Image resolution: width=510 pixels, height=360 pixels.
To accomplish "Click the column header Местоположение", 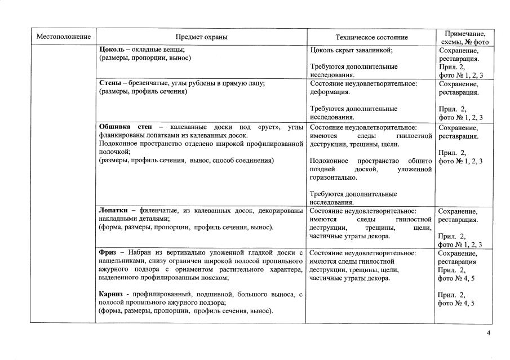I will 63,37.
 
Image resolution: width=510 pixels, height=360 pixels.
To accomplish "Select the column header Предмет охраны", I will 201,37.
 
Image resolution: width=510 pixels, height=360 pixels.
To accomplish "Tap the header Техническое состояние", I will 371,37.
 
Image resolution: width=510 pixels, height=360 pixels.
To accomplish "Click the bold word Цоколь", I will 112,50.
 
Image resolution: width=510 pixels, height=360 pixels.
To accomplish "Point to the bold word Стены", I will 110,83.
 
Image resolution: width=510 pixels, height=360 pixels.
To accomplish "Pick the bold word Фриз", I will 108,253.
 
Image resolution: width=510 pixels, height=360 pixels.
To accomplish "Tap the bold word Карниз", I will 112,295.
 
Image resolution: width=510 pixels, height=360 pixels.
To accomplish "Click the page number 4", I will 488,334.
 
